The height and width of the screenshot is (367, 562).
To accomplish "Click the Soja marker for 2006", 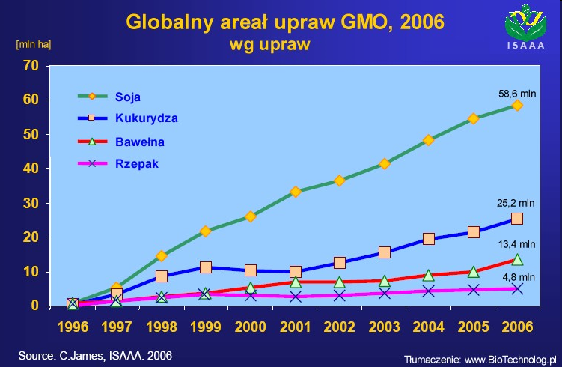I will [x=516, y=106].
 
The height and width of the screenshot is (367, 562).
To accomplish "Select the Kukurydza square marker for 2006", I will [x=516, y=219].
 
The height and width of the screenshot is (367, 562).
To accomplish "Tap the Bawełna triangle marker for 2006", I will [x=516, y=259].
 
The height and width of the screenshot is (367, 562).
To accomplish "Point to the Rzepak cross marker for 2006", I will [x=516, y=288].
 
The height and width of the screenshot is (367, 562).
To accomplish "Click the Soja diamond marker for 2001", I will [x=296, y=192].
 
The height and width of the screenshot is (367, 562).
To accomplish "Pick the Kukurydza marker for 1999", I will [x=205, y=267].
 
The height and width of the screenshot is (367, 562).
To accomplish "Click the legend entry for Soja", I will [x=128, y=96].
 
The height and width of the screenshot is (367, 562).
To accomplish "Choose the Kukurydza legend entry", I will [x=146, y=118].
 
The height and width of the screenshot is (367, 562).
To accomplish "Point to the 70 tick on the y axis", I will [x=31, y=66].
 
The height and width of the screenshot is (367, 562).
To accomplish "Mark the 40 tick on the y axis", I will [x=31, y=169].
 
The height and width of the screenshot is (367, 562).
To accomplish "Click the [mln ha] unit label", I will [x=33, y=43].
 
